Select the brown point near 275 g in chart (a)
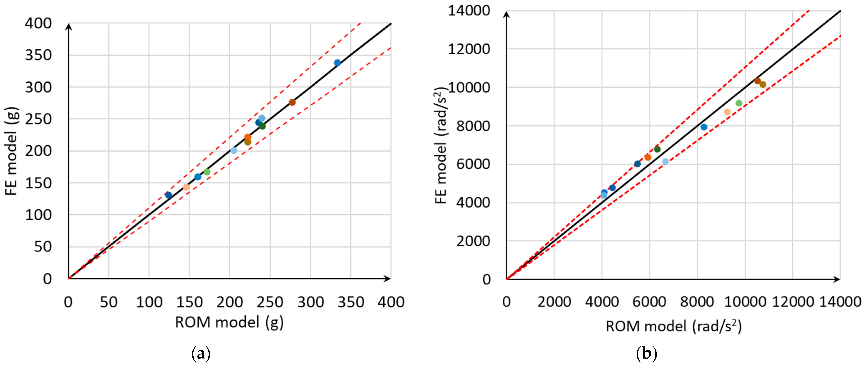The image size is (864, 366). pyautogui.click(x=292, y=103)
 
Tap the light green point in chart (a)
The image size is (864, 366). pyautogui.click(x=207, y=172)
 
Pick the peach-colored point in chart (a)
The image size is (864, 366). pyautogui.click(x=186, y=187)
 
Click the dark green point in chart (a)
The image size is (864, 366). pyautogui.click(x=262, y=126)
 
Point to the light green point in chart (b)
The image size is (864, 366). pyautogui.click(x=739, y=103)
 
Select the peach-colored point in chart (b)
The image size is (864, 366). pyautogui.click(x=727, y=112)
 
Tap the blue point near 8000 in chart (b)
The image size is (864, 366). pyautogui.click(x=704, y=127)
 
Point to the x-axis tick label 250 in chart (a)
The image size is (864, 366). pyautogui.click(x=270, y=303)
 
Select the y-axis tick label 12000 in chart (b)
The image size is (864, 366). pyautogui.click(x=469, y=49)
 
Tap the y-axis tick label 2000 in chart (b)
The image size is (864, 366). pyautogui.click(x=473, y=241)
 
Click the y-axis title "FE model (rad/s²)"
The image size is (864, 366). pyautogui.click(x=441, y=146)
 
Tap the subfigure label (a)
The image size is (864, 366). pyautogui.click(x=201, y=354)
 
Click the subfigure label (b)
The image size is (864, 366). pyautogui.click(x=646, y=354)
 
